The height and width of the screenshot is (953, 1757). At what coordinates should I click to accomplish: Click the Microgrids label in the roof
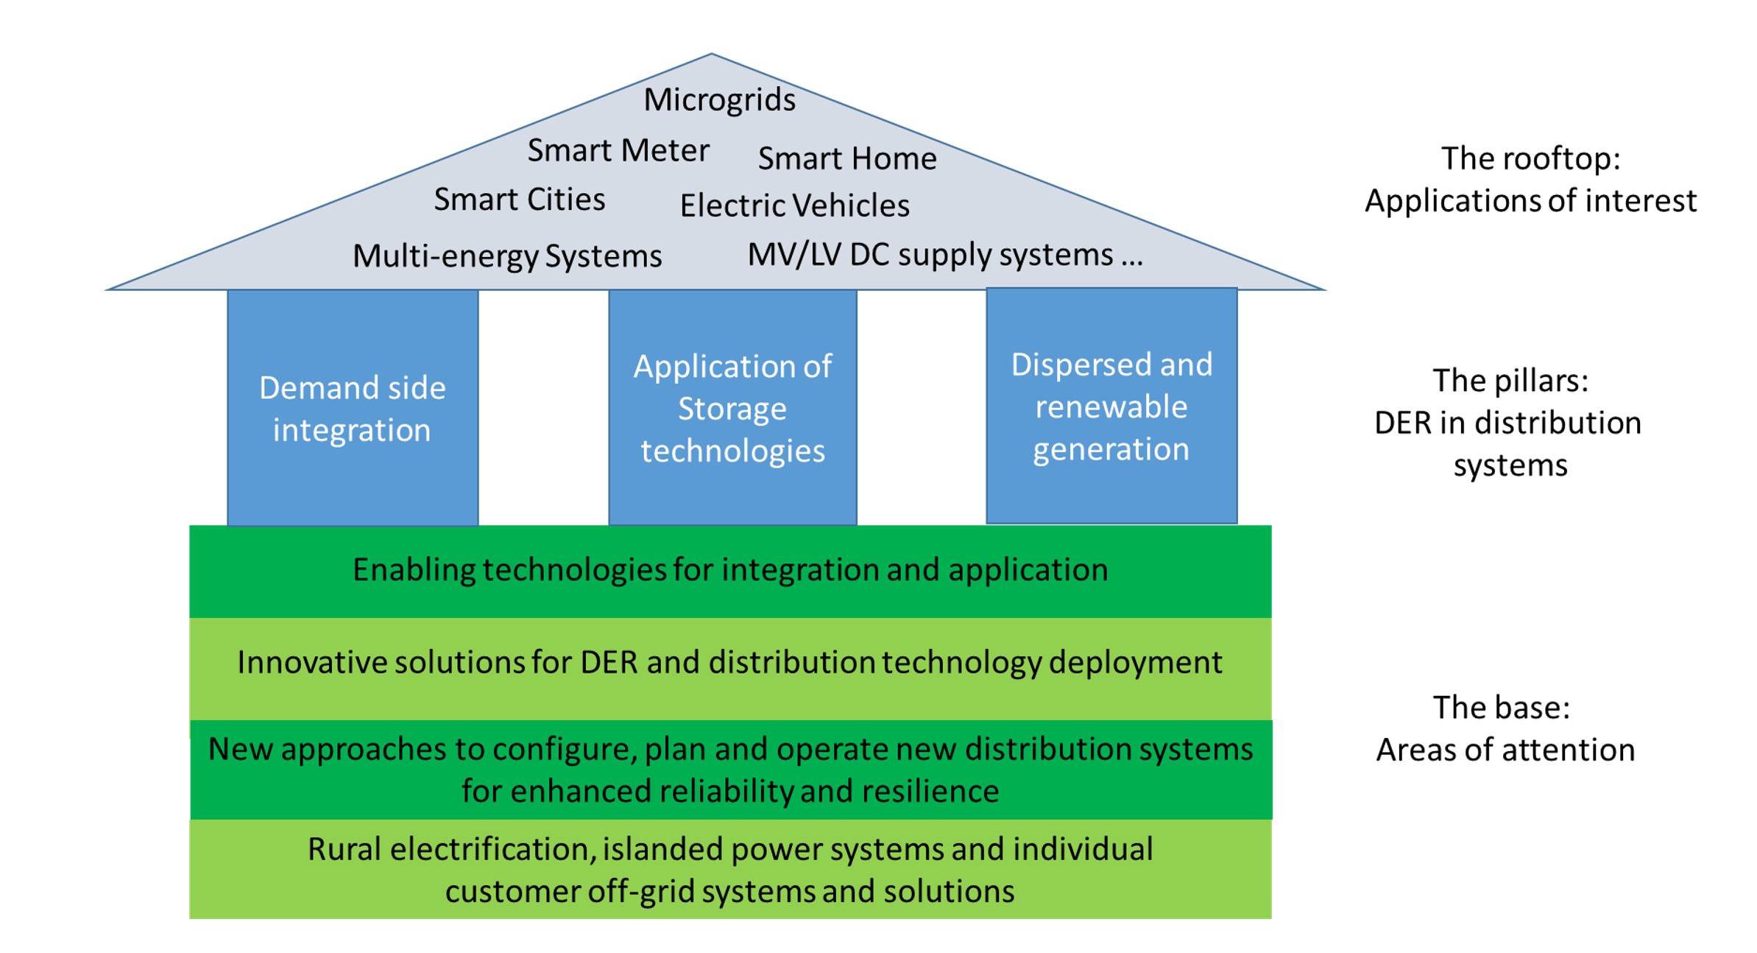coord(719,100)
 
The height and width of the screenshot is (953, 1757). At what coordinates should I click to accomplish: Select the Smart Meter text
coord(618,151)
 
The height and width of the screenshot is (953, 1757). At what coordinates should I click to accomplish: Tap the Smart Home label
coord(847,159)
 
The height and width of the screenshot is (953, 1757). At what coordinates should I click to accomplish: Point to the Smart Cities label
coord(519,200)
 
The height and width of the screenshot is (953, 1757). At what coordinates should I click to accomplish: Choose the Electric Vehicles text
coord(794,206)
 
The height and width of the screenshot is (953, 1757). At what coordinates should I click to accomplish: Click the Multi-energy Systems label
coord(507,256)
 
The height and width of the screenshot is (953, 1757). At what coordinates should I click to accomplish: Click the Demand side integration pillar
coord(353,408)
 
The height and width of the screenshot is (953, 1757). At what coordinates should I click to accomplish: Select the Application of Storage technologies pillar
coord(732,408)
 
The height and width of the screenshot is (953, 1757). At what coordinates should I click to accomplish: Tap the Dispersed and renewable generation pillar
coord(1111,407)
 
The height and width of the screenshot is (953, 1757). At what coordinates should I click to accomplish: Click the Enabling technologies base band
coord(730,571)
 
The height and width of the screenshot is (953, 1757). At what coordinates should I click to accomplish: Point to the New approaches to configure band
coord(730,770)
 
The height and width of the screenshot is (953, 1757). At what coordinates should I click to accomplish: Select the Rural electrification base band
coord(730,870)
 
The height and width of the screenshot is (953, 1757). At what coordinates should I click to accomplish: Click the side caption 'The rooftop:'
coord(1530,159)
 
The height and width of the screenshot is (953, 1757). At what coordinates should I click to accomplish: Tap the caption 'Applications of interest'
coord(1530,201)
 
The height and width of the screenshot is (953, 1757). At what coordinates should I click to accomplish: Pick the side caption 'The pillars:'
coord(1510,381)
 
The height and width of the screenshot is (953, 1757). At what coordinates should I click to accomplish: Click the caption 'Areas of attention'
coord(1505,750)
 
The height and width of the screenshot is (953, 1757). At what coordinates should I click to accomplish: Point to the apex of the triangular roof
coord(711,56)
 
